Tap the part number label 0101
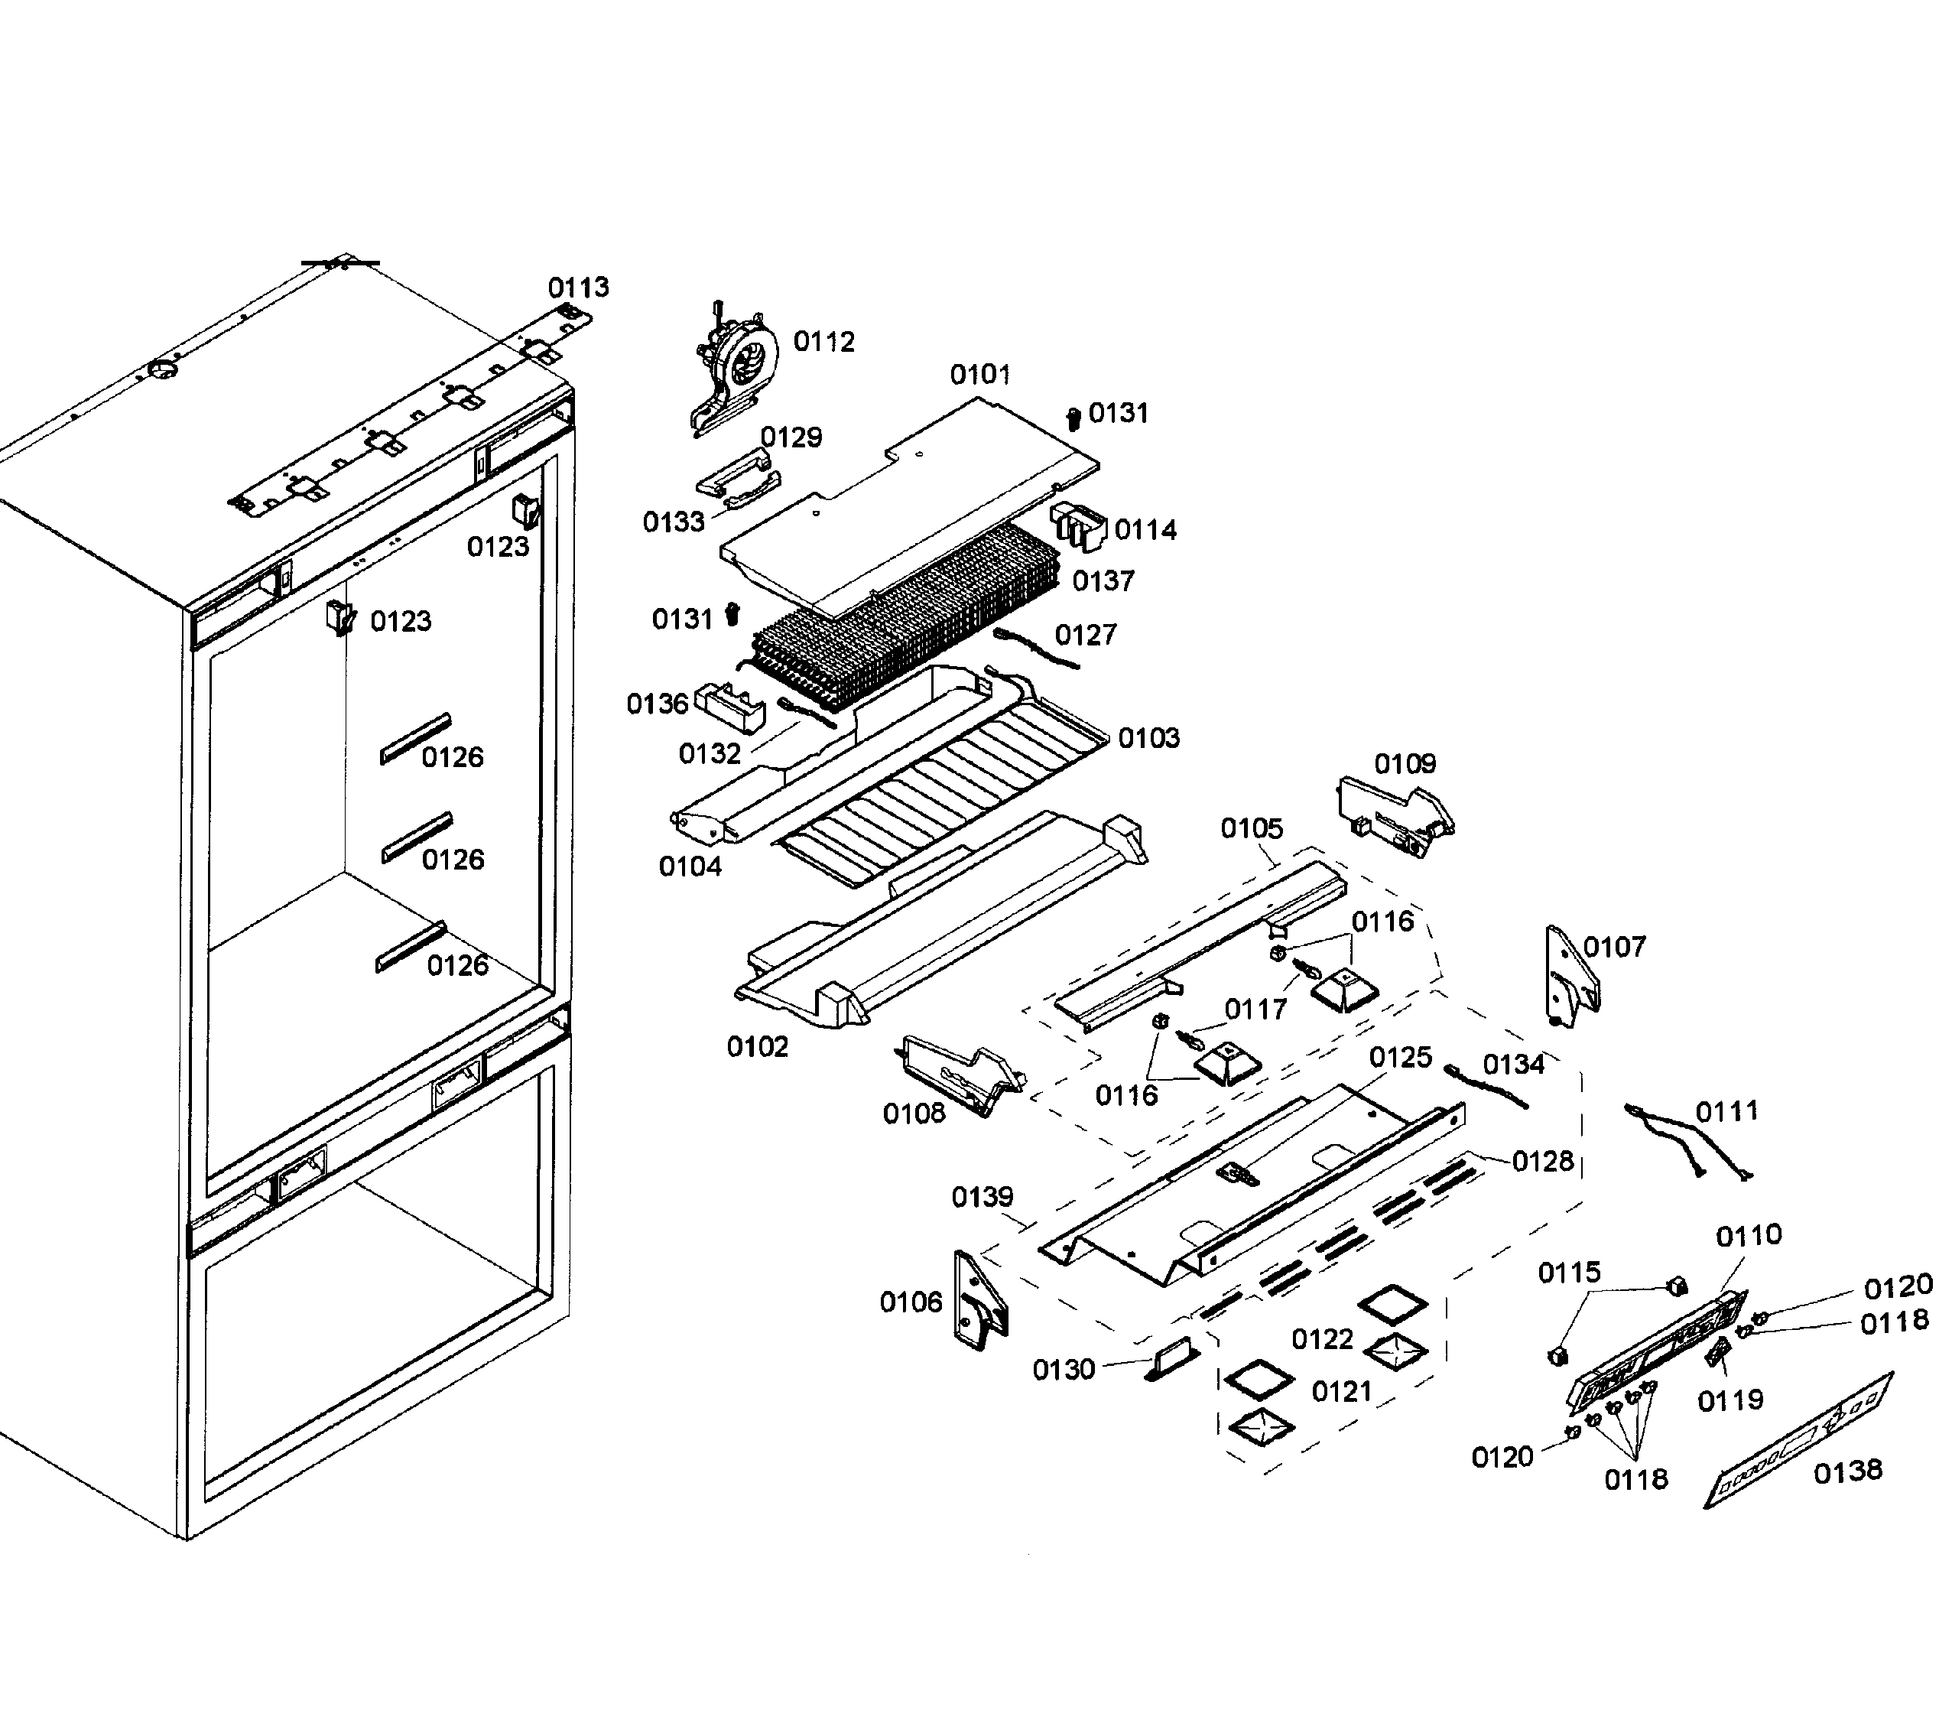[980, 375]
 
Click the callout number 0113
[579, 288]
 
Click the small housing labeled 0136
[730, 707]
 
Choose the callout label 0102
[757, 1046]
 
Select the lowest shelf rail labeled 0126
[411, 947]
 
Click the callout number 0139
[982, 1196]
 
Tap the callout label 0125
[1400, 1057]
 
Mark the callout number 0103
[1148, 737]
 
